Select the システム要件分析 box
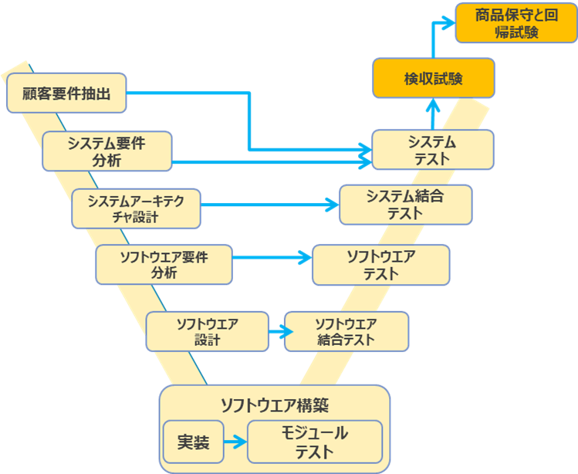106,151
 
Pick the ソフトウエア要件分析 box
164,264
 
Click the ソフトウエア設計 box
208,331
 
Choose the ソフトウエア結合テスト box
346,331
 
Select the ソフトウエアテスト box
380,265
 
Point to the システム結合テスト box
406,205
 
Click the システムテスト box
432,150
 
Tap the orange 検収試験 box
433,79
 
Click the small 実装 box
193,442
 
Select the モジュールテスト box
314,442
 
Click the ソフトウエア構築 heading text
274,405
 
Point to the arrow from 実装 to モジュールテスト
235,442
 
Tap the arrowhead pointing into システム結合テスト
332,205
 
